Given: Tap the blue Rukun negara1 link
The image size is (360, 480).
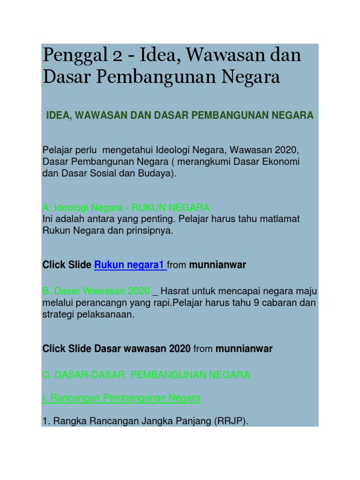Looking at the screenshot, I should click(x=130, y=265).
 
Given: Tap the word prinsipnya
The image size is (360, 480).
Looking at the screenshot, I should click(x=147, y=231).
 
